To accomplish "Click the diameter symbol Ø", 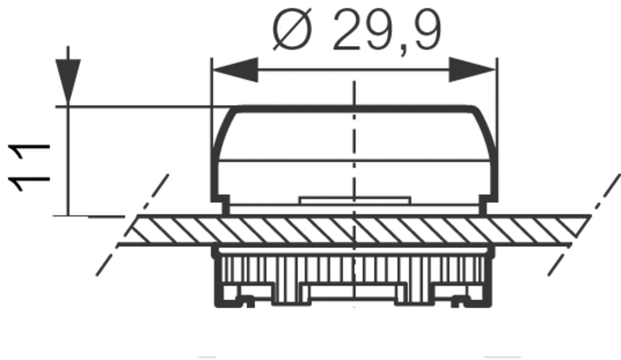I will pos(292,31).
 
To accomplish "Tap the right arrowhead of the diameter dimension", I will pos(472,70).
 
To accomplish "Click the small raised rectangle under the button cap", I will pos(355,201).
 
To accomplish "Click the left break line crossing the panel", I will pos(132,226).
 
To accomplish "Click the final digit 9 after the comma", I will pos(425,31).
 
